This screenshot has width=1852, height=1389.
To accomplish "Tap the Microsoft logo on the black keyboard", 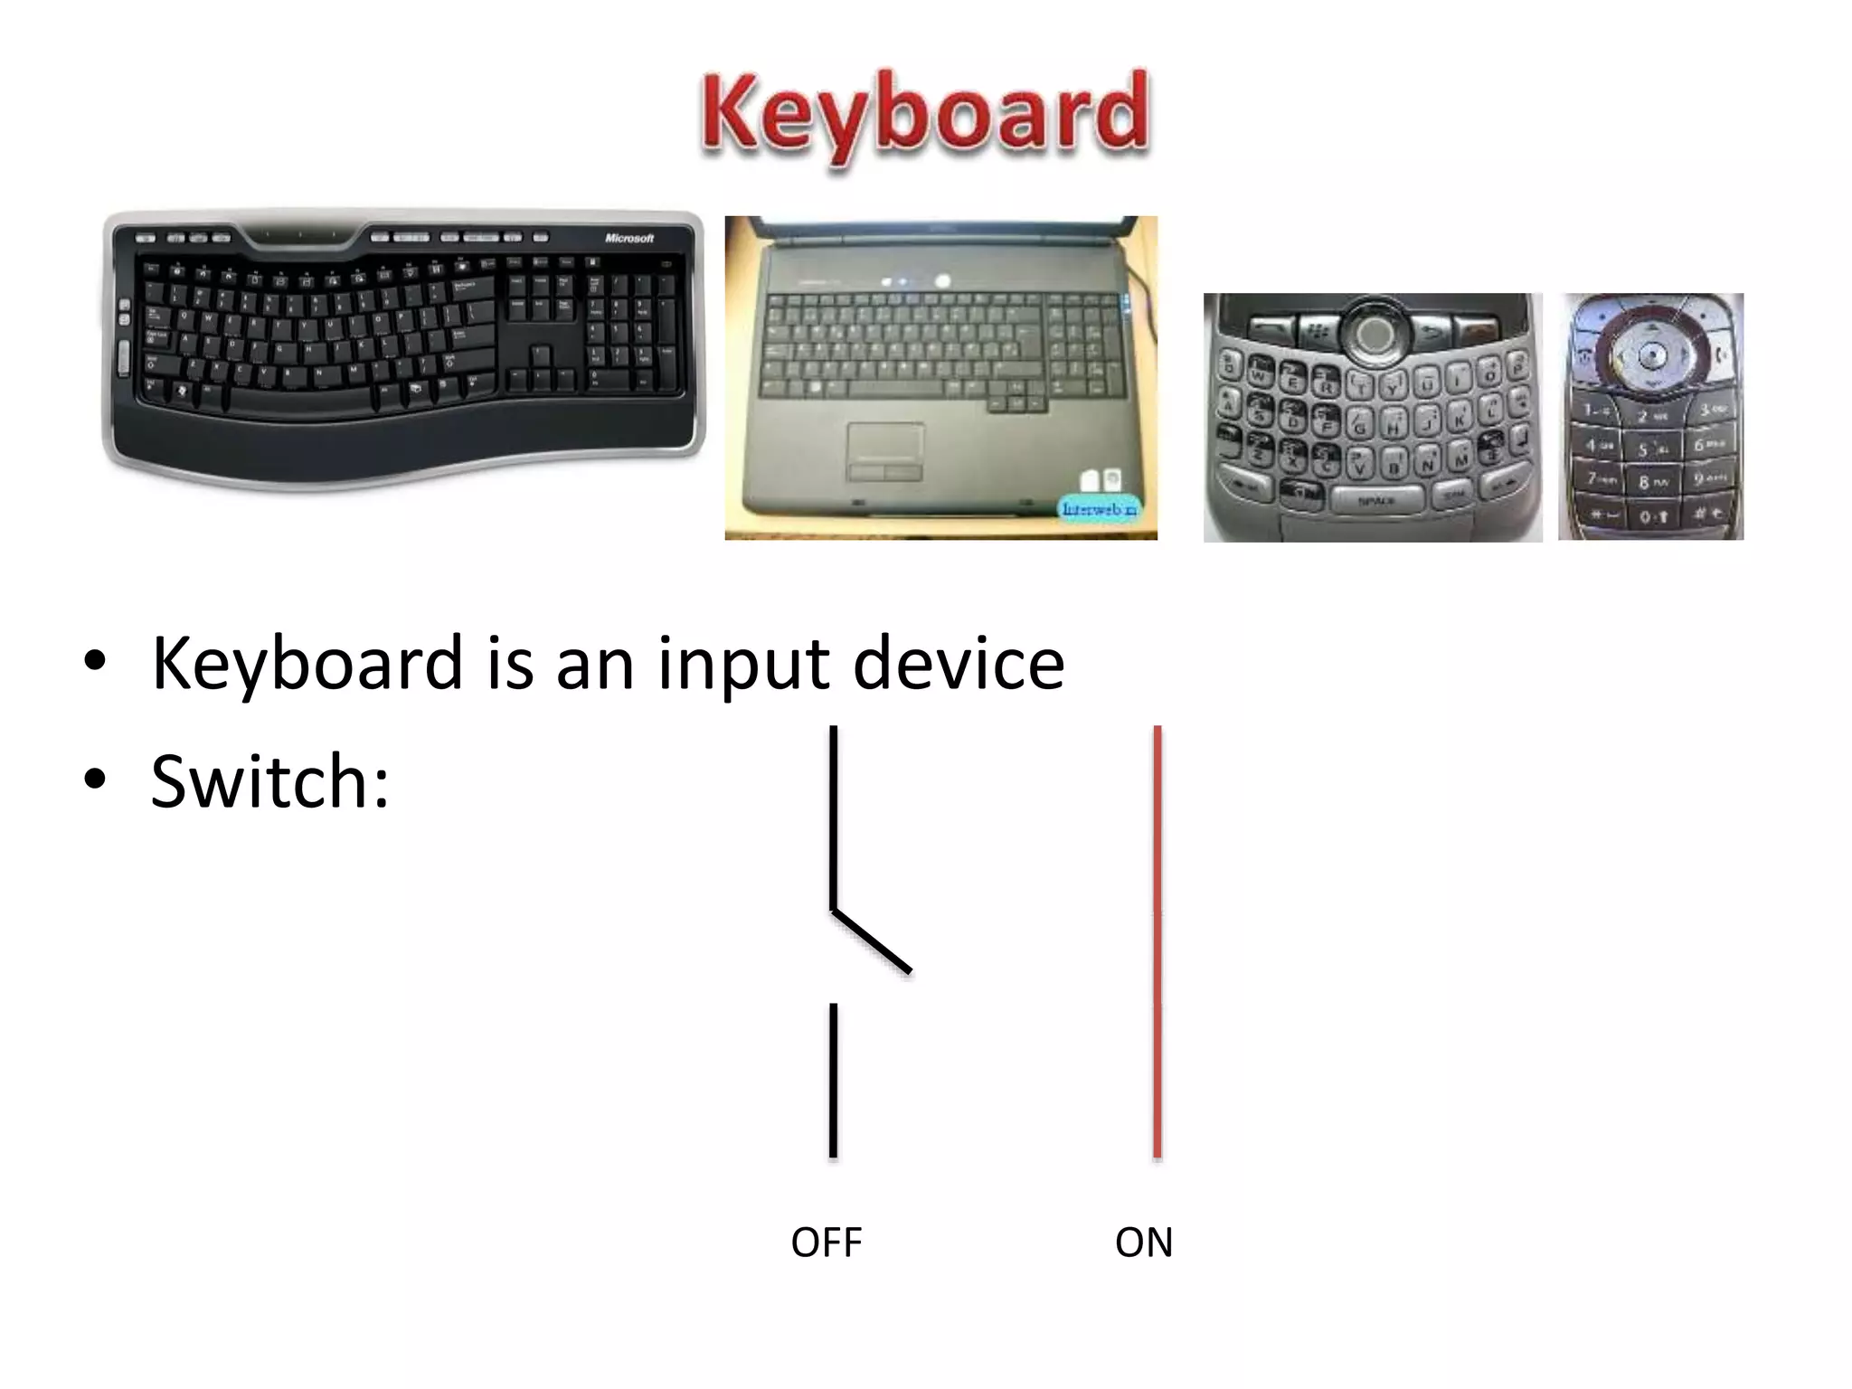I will click(x=628, y=238).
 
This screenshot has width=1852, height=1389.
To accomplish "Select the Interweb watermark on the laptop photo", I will click(x=1099, y=509).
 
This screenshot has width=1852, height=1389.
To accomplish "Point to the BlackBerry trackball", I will click(x=1375, y=333).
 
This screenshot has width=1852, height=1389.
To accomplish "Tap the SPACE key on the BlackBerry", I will click(x=1376, y=500).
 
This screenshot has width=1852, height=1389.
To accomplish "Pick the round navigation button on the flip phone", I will click(x=1652, y=354).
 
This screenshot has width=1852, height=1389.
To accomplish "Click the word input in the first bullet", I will click(x=743, y=665).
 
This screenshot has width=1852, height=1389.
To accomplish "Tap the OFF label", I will click(x=826, y=1243).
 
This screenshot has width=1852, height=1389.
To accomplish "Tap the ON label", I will click(x=1143, y=1243).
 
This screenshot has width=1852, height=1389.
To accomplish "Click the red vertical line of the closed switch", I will click(x=1157, y=940).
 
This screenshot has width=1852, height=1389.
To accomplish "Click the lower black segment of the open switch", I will click(x=833, y=1081).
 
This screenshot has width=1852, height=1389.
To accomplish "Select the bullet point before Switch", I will click(x=95, y=780).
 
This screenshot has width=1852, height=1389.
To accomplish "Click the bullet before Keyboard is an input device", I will click(x=95, y=662).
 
